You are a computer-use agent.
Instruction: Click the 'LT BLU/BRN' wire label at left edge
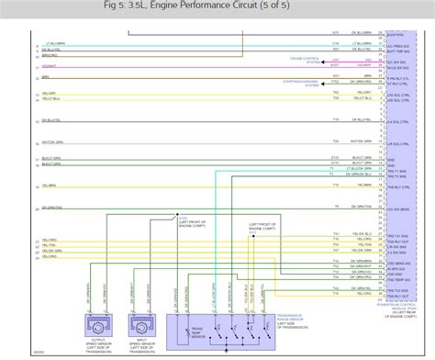(55, 42)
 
